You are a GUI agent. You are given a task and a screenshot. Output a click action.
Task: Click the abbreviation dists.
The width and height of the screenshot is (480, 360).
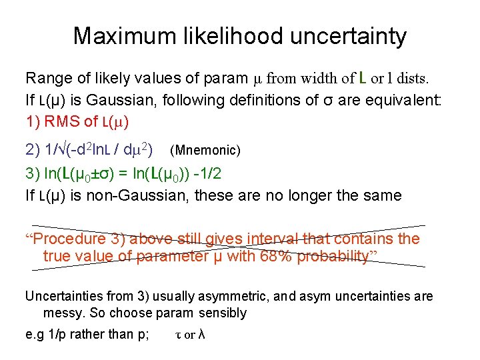412,79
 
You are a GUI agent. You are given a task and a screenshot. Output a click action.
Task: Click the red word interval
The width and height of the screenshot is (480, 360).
273,239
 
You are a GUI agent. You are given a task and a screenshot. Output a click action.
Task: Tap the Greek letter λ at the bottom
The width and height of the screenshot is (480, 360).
201,335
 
